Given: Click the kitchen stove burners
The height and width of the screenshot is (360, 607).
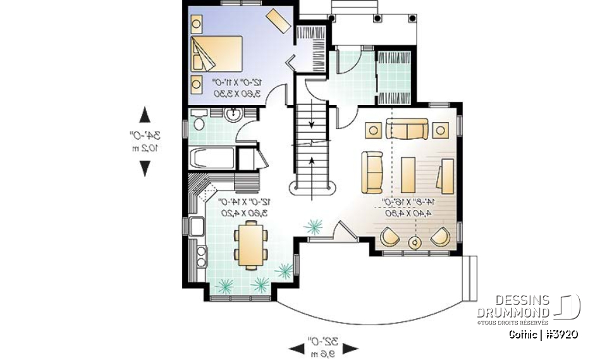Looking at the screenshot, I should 201,256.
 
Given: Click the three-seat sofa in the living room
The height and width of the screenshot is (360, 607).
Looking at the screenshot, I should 407,130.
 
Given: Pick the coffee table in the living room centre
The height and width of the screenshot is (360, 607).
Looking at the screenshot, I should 407,173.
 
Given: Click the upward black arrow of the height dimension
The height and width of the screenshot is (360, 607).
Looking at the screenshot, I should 145,115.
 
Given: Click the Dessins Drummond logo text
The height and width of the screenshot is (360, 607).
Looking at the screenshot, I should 513,307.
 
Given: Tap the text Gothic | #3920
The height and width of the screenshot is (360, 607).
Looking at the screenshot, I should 543,334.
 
